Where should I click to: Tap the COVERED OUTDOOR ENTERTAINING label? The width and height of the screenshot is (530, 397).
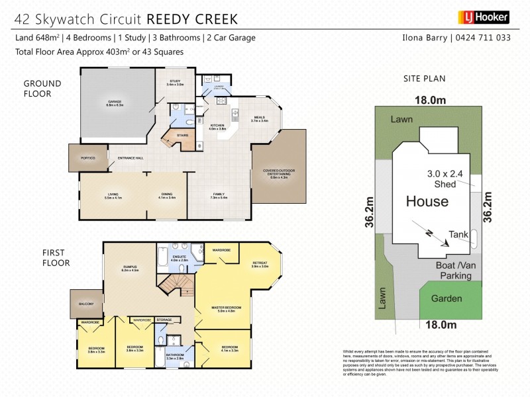coord(279,175)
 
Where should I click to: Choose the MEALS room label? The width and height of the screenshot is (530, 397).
coord(259,118)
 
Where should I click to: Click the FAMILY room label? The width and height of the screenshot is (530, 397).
coord(219,195)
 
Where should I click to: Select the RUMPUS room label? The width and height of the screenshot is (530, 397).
coord(129,268)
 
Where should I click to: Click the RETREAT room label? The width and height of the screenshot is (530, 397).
coord(260,264)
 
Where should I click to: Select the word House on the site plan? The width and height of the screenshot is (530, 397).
coord(427,201)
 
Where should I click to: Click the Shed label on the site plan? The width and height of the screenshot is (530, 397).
coord(445,184)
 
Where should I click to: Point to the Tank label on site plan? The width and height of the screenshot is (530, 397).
coord(458,234)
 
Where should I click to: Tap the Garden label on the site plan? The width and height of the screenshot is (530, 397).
coord(447,298)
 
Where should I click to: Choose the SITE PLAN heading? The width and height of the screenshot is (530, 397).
coord(424,78)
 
